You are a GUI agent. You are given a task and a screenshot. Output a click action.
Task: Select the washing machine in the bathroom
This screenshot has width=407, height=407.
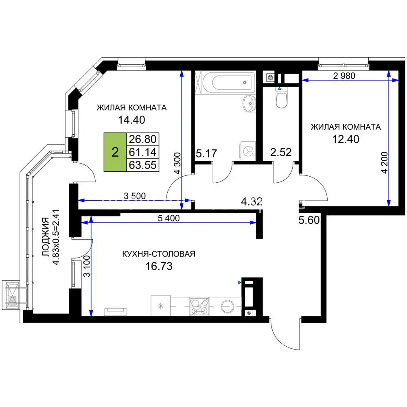[x=248, y=151]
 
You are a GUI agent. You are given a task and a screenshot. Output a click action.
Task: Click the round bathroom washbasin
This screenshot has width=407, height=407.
[x=249, y=103]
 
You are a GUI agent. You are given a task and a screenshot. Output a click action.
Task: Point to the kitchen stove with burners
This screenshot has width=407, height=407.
[x=199, y=306]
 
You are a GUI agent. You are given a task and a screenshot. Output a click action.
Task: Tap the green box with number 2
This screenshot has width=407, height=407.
[x=115, y=152]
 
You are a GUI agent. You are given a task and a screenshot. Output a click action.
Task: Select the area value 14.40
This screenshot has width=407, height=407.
[x=131, y=120]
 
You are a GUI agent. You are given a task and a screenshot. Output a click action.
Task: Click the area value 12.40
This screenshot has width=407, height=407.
[x=346, y=139]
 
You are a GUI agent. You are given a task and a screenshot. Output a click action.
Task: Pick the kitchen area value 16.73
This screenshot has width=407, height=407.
[x=159, y=266]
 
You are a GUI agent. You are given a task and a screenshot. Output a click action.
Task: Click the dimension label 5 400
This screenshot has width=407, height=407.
[x=169, y=218]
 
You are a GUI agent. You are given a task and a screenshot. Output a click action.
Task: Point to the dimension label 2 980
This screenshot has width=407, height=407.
[x=344, y=76]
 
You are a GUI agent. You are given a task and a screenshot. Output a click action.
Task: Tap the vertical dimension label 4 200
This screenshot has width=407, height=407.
[x=385, y=163]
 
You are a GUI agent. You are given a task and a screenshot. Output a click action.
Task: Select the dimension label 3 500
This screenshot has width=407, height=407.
[x=135, y=196]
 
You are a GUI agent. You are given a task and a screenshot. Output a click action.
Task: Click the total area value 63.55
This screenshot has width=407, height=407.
[x=143, y=165]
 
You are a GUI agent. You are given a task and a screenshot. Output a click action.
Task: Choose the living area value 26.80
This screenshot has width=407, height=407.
[x=143, y=139]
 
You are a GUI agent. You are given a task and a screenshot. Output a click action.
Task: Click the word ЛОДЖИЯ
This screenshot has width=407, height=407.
[x=46, y=237]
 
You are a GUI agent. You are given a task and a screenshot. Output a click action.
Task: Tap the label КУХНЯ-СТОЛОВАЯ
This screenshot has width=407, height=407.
[x=159, y=254]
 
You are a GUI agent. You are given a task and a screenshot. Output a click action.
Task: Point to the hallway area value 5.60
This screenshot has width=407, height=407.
[x=309, y=220]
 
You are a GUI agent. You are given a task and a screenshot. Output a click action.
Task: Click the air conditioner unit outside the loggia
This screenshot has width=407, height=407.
[x=11, y=295]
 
